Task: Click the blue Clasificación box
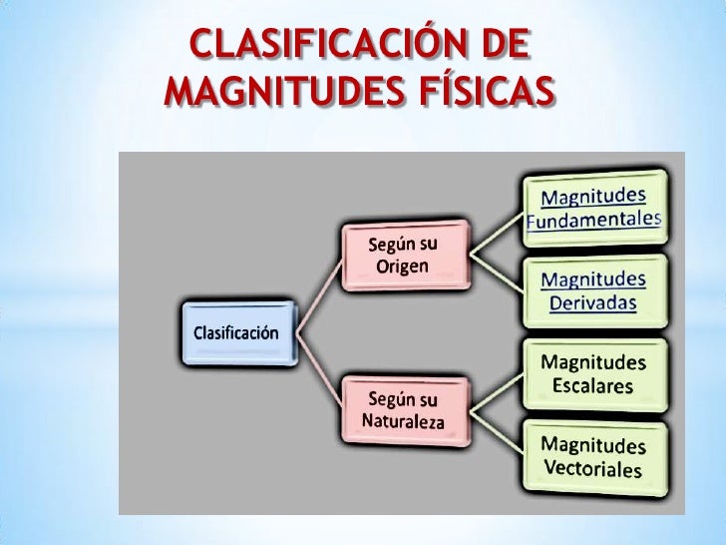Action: point(236,332)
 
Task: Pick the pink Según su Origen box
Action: point(404,256)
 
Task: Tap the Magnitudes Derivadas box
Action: point(594,290)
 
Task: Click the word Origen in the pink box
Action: point(403,267)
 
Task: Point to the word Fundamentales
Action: point(594,219)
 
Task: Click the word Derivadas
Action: point(594,302)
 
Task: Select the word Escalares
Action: point(594,385)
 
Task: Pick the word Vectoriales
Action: point(594,468)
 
